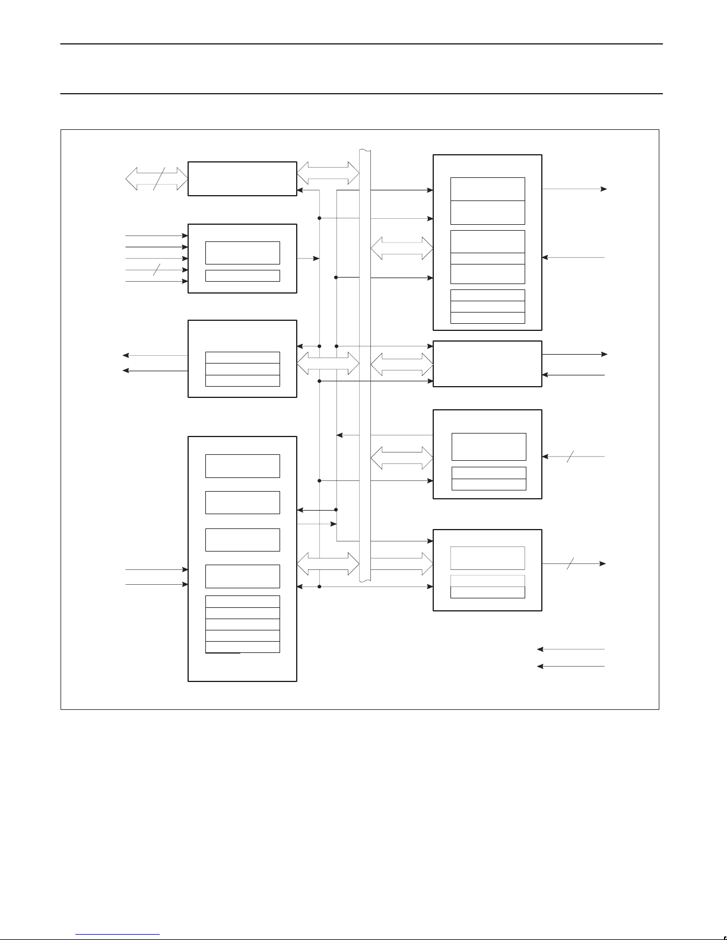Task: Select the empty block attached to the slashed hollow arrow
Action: click(242, 179)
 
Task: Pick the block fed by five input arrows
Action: click(242, 259)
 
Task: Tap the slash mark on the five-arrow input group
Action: click(157, 270)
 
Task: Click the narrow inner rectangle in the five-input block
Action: click(242, 276)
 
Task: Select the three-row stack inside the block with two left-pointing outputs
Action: click(242, 369)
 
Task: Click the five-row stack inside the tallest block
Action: click(242, 624)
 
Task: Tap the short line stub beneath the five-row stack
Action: click(223, 653)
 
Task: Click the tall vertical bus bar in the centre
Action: click(365, 365)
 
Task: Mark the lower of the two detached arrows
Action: click(570, 667)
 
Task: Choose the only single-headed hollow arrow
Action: click(402, 564)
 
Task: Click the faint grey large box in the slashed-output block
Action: click(488, 558)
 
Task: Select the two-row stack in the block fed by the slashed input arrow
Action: click(489, 479)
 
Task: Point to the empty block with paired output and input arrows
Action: click(487, 364)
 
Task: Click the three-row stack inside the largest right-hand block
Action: click(488, 307)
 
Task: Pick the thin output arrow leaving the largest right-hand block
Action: click(574, 189)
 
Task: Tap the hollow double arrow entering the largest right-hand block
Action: click(402, 248)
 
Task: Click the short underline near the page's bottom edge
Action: click(118, 935)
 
